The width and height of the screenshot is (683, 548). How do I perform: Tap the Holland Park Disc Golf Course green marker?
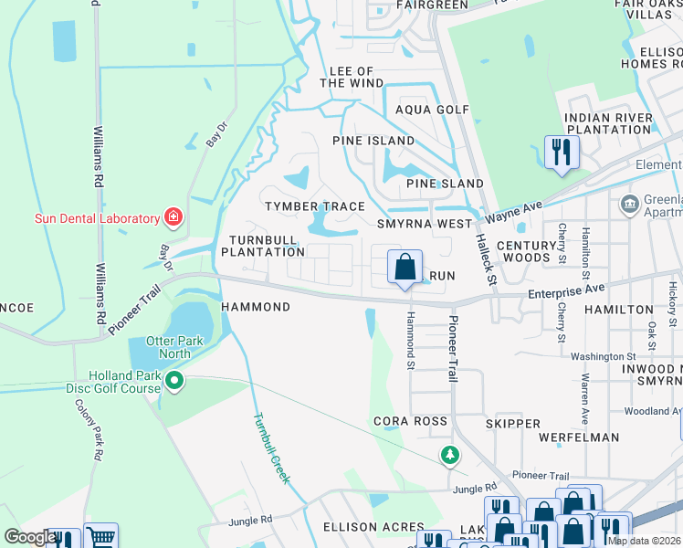175,380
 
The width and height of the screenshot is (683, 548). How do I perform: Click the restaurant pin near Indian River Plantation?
561,152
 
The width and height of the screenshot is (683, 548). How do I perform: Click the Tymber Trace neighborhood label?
315,207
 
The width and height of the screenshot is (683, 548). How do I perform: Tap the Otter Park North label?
155,347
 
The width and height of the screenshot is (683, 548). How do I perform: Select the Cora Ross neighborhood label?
410,422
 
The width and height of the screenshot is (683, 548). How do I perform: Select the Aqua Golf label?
432,110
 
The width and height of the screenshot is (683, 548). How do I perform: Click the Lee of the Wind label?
352,77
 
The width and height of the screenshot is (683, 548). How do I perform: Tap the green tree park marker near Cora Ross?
449,454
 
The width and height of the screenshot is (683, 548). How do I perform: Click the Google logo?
29,538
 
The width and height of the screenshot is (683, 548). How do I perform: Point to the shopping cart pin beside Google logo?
100,537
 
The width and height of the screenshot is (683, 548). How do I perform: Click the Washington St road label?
604,356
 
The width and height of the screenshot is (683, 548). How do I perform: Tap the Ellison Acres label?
373,528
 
